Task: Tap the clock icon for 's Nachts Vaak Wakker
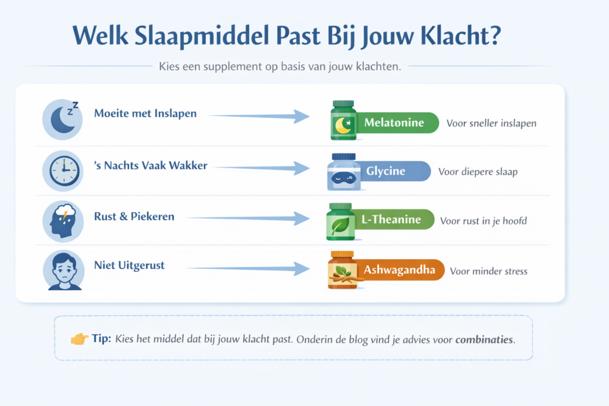point(62,171)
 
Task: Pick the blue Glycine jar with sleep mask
point(344,172)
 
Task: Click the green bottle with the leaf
point(340,222)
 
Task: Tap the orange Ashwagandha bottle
point(342,270)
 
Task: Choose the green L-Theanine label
point(393,220)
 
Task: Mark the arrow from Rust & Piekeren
point(250,219)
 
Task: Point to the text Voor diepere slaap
point(478,172)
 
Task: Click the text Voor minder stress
point(488,271)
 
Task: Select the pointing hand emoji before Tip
point(79,339)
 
